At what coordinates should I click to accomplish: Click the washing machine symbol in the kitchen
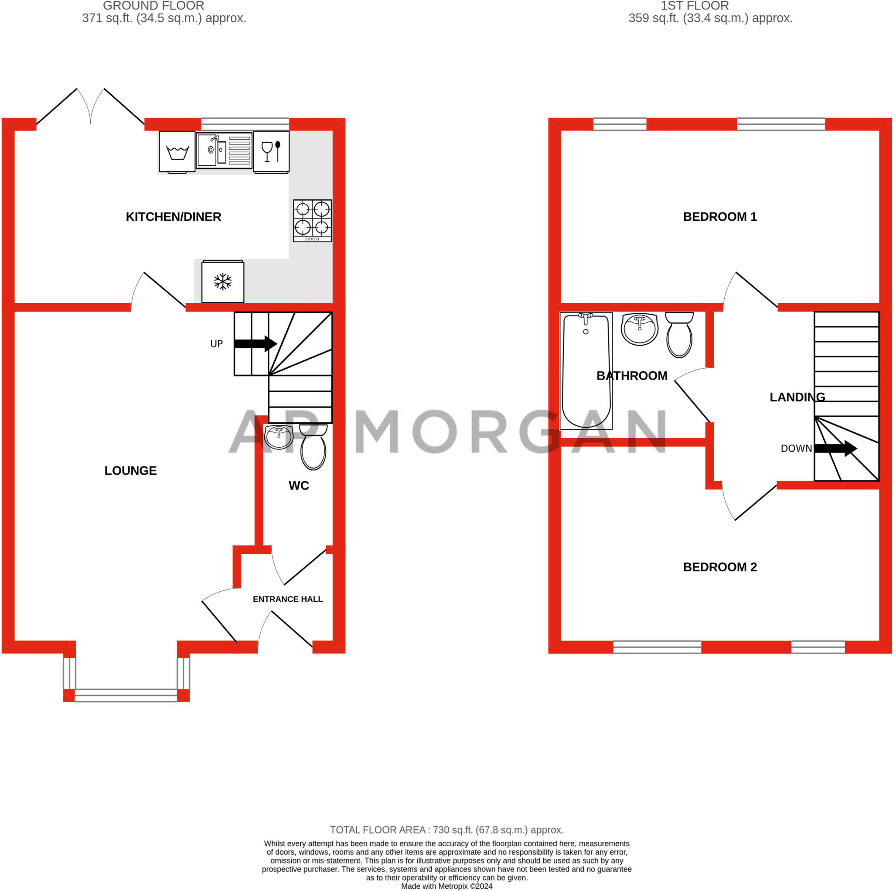tap(177, 151)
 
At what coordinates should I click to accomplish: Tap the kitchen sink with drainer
tap(224, 151)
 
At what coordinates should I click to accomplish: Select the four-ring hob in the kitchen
tap(313, 220)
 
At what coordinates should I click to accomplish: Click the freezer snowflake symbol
tap(223, 281)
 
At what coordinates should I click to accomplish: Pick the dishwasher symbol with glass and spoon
tap(271, 151)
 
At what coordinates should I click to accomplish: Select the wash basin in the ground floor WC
tap(279, 436)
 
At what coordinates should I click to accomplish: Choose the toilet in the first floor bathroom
tap(679, 335)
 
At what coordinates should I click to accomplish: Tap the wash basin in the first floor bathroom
tap(640, 328)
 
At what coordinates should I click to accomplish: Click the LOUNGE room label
tap(130, 470)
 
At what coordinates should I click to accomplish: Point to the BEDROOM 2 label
tap(719, 567)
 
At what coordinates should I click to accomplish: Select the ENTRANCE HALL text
tap(287, 599)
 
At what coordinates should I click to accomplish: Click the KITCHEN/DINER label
tap(174, 216)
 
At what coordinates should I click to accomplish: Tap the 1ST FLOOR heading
tap(694, 6)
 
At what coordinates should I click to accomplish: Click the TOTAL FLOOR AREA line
tap(446, 829)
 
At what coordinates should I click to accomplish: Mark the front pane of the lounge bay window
tap(126, 695)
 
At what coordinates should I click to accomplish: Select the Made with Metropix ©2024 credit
tap(446, 886)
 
